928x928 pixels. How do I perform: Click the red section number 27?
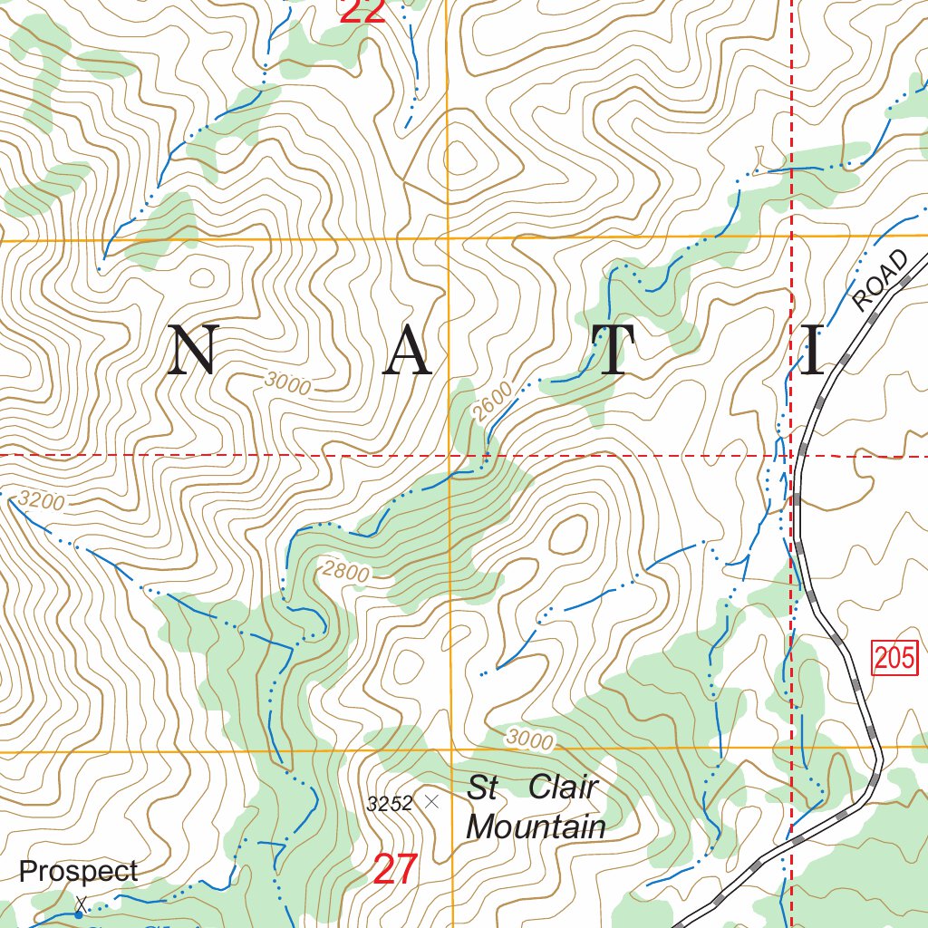[395, 870]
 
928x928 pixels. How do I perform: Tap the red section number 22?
[362, 11]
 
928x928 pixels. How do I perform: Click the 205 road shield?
[896, 657]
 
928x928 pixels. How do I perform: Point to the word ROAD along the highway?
[880, 281]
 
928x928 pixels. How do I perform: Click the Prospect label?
[79, 872]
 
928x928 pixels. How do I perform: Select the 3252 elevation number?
[390, 803]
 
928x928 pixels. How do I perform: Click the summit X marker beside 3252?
[431, 801]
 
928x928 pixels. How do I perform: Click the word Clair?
[563, 787]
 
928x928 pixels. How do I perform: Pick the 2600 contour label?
[492, 402]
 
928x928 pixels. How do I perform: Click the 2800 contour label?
[346, 573]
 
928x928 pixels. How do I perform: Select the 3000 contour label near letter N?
[288, 385]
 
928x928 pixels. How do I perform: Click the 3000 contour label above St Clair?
[529, 739]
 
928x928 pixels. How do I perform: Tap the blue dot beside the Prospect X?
[79, 915]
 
